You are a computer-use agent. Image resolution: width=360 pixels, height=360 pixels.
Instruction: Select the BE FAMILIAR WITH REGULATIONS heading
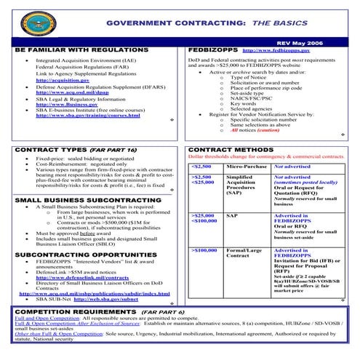tap(75, 49)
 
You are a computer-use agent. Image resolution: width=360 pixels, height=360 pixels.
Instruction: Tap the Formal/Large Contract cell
tap(244, 253)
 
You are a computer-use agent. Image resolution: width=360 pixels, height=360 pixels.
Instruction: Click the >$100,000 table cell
tap(204, 249)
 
